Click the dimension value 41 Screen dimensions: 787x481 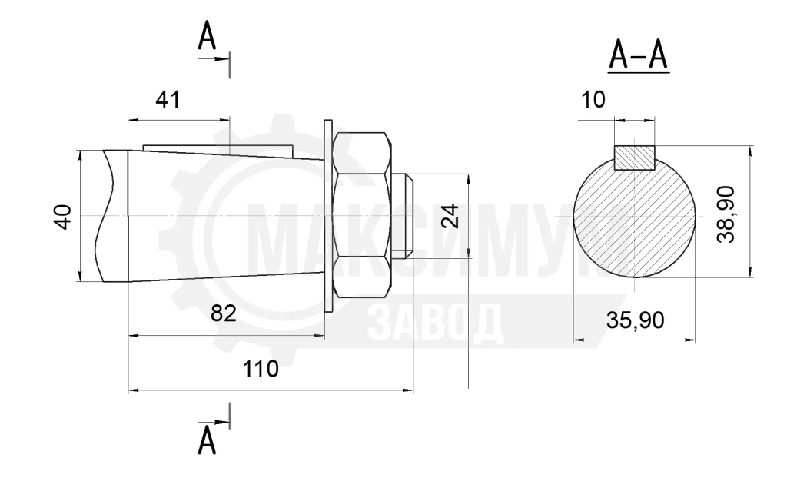[x=168, y=100]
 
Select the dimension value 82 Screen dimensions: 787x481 [x=224, y=314]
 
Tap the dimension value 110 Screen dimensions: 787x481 [x=261, y=369]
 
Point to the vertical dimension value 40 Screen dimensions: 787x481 [x=63, y=217]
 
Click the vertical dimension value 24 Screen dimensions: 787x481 [x=450, y=216]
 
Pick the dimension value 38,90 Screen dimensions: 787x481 [x=726, y=214]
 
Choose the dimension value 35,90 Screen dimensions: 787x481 [x=636, y=320]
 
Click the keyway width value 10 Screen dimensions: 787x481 [x=593, y=100]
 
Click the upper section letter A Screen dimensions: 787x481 [x=207, y=36]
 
